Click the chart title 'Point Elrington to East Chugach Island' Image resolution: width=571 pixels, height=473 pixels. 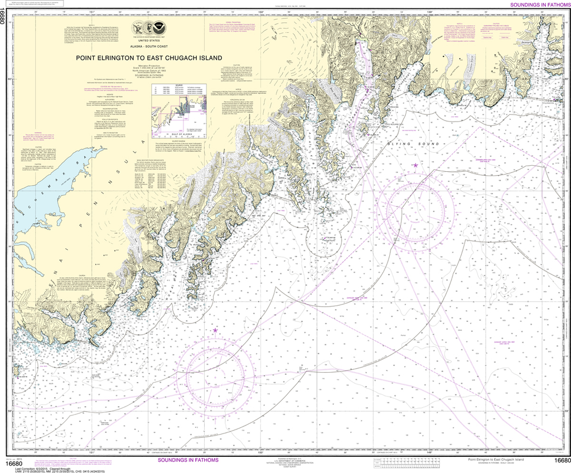[149, 57]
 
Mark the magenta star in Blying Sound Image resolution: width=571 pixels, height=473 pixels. [415, 165]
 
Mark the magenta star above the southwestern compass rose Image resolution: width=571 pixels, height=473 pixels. [215, 331]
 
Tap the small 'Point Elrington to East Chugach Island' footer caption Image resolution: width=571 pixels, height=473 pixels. [496, 459]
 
